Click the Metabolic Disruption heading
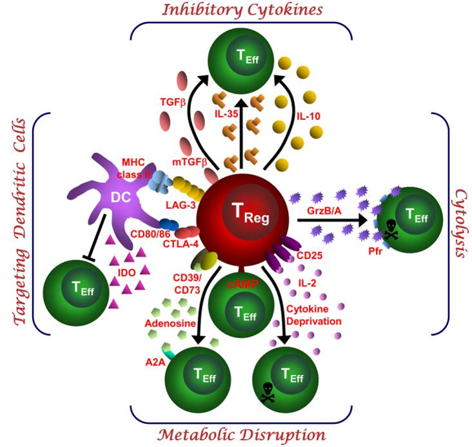tap(241, 433)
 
